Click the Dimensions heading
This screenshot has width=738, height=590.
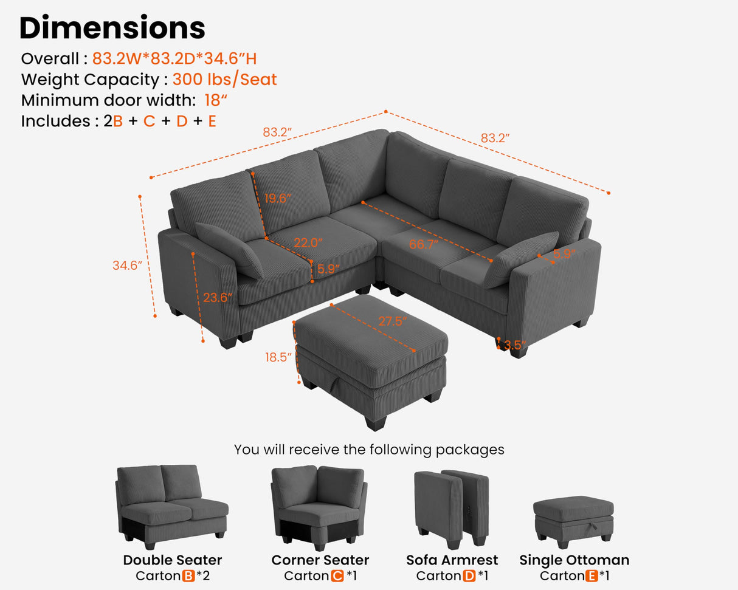click(x=112, y=27)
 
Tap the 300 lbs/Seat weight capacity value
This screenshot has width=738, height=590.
click(x=224, y=80)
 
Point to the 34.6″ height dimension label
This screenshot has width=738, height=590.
click(x=126, y=266)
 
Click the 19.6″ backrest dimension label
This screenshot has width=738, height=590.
click(x=278, y=198)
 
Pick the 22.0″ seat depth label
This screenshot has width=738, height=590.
click(x=308, y=242)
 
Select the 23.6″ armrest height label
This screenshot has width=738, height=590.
click(x=218, y=298)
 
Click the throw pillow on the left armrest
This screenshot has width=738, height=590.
click(x=229, y=250)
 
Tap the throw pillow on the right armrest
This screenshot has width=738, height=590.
click(x=520, y=258)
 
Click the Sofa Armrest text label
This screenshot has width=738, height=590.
click(x=452, y=560)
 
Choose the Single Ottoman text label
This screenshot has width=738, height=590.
click(x=574, y=560)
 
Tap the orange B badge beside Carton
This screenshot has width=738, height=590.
click(x=188, y=575)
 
